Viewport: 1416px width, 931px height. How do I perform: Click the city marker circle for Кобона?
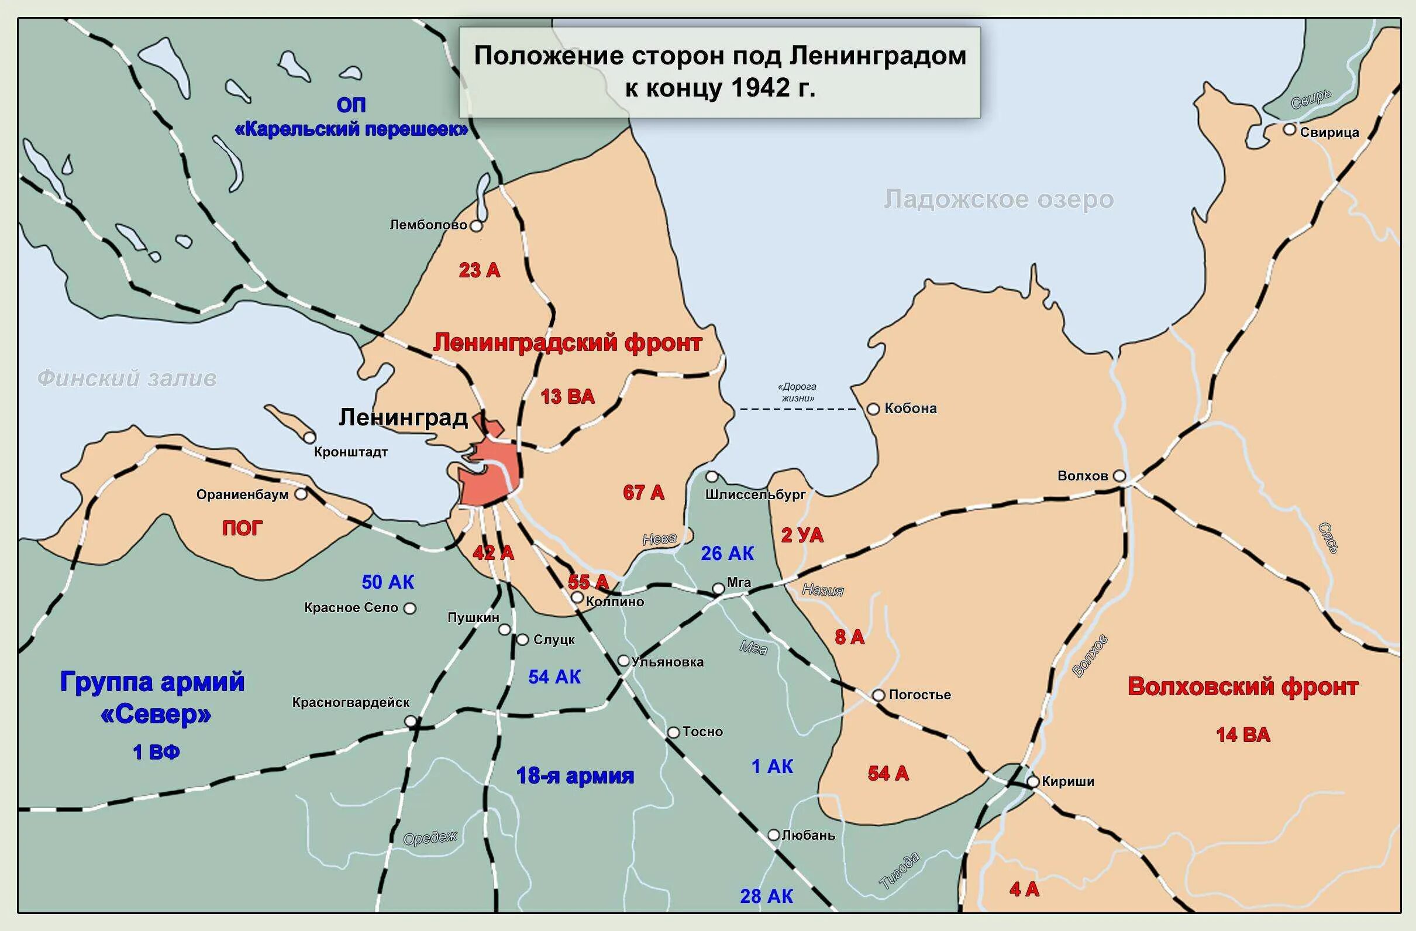pyautogui.click(x=873, y=409)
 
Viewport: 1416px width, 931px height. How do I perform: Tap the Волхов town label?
pyautogui.click(x=1082, y=476)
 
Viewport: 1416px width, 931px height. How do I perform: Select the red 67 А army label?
pyautogui.click(x=643, y=492)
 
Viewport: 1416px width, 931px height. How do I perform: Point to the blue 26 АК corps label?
pyautogui.click(x=726, y=554)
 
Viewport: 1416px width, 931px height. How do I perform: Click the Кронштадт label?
pyautogui.click(x=350, y=452)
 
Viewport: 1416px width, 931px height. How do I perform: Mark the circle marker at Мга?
pyautogui.click(x=718, y=589)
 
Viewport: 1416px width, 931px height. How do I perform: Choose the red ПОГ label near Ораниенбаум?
pyautogui.click(x=242, y=528)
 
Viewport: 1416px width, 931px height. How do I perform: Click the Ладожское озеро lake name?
pyautogui.click(x=998, y=200)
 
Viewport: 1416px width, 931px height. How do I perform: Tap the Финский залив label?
pyautogui.click(x=127, y=379)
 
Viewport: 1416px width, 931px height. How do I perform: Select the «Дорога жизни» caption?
pyautogui.click(x=797, y=392)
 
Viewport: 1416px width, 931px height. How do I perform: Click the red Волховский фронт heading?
pyautogui.click(x=1242, y=687)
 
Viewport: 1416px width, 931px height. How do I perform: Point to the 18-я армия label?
pyautogui.click(x=575, y=775)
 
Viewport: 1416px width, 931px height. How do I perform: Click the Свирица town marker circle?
pyautogui.click(x=1288, y=129)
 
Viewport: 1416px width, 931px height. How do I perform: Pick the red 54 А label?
pyautogui.click(x=888, y=774)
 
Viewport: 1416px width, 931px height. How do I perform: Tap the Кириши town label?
pyautogui.click(x=1068, y=781)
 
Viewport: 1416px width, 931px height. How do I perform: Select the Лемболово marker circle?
pyautogui.click(x=476, y=226)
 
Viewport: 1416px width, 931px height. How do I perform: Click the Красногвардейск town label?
pyautogui.click(x=350, y=702)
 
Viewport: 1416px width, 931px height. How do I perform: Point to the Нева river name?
pyautogui.click(x=659, y=540)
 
